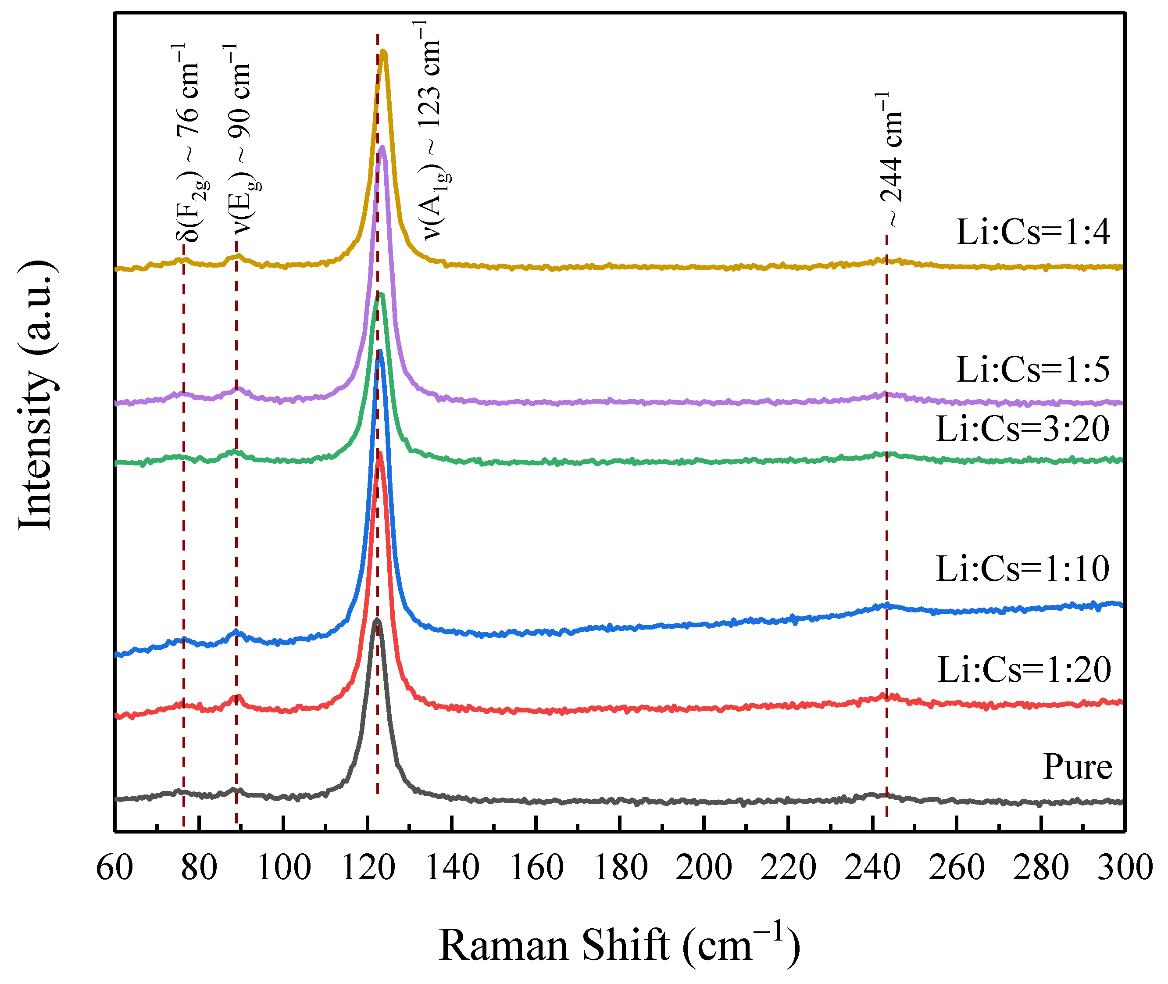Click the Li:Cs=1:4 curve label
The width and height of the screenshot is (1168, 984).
[x=1033, y=232]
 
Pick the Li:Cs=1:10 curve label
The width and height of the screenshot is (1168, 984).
[x=1022, y=569]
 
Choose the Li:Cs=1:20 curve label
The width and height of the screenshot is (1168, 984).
[x=1024, y=669]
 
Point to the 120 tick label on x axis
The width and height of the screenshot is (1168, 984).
[x=368, y=868]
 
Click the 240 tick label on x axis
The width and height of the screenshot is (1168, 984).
[x=872, y=868]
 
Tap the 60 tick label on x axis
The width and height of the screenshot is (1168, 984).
[x=115, y=868]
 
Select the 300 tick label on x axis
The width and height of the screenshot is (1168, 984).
[x=1125, y=868]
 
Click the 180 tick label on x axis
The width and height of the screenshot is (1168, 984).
[x=620, y=868]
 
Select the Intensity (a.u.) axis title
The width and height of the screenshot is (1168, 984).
[x=37, y=395]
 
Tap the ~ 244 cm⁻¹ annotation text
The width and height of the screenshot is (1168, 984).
[x=891, y=159]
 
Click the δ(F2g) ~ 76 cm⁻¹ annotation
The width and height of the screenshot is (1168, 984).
[x=189, y=142]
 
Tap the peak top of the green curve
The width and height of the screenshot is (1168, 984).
[x=380, y=293]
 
